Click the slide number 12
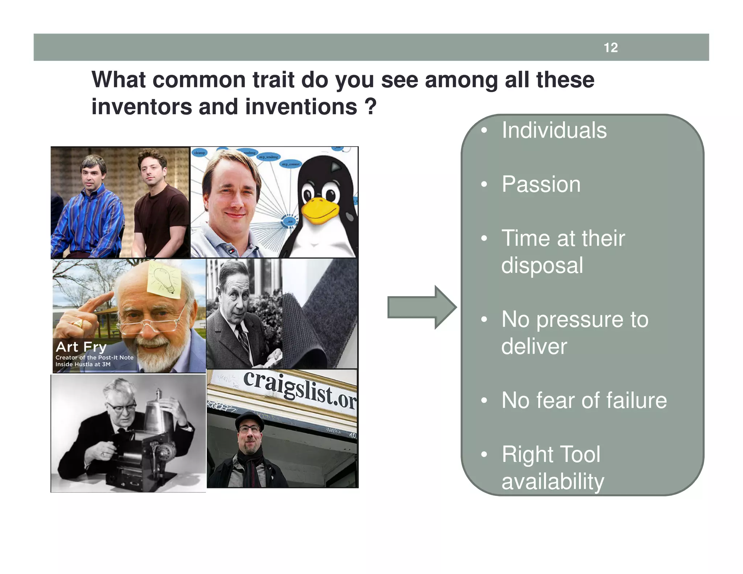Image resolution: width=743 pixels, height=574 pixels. [x=611, y=48]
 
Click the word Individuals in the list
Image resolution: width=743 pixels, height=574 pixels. [x=554, y=130]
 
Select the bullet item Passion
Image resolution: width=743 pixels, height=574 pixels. [x=541, y=184]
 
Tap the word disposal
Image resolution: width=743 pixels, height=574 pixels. [x=542, y=265]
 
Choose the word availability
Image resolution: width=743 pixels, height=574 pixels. [x=553, y=481]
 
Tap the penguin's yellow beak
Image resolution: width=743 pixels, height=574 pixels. [x=320, y=210]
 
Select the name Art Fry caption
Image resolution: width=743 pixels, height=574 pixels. [x=81, y=347]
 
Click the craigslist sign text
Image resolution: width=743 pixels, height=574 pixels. [x=299, y=390]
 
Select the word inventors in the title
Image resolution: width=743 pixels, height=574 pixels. [x=141, y=107]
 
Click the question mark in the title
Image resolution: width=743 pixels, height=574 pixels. [x=370, y=106]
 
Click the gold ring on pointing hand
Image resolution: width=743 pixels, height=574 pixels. [x=78, y=323]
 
